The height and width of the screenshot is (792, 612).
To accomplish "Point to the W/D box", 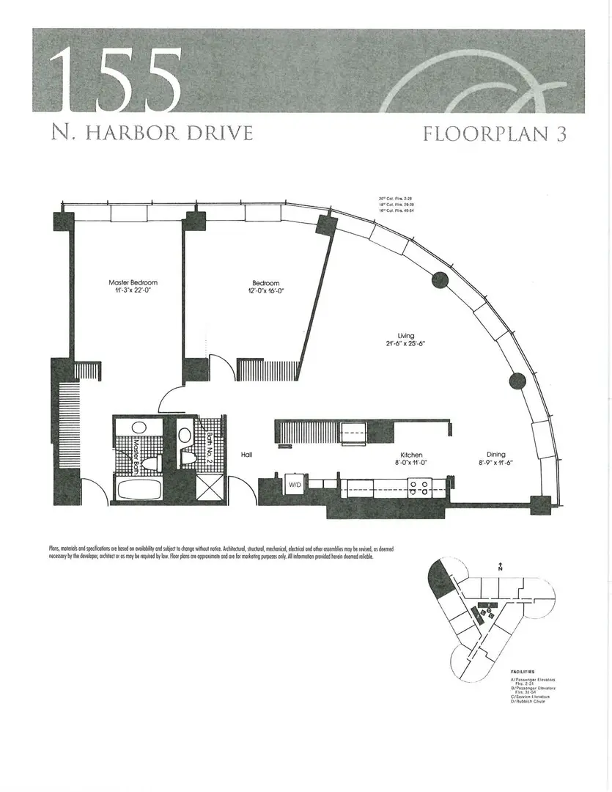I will click(295, 485).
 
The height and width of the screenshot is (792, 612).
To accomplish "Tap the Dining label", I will click(496, 455).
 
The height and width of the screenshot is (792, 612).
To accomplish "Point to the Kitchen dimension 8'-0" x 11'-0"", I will click(411, 463).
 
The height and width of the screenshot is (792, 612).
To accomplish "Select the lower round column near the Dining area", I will click(517, 380).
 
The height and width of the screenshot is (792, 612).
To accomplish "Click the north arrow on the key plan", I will click(499, 565).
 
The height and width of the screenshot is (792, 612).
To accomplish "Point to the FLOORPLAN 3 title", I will click(494, 134).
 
